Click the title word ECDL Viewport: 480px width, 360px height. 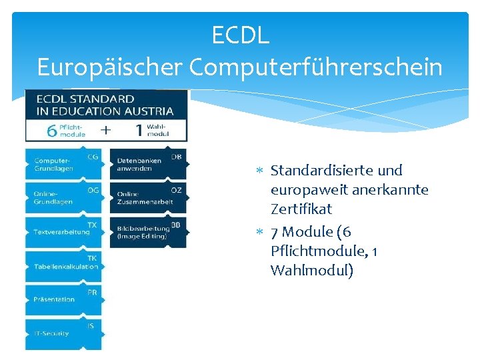240,35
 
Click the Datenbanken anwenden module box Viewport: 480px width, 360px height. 147,164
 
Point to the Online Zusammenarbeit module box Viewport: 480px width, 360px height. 147,198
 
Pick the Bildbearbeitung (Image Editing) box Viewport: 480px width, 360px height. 147,232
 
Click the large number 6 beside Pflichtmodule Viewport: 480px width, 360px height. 51,130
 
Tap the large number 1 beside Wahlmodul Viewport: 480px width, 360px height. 139,130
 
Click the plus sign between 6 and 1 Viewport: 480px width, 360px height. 105,129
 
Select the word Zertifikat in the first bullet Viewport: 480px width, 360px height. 301,209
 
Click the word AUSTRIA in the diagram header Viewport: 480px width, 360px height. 148,111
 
